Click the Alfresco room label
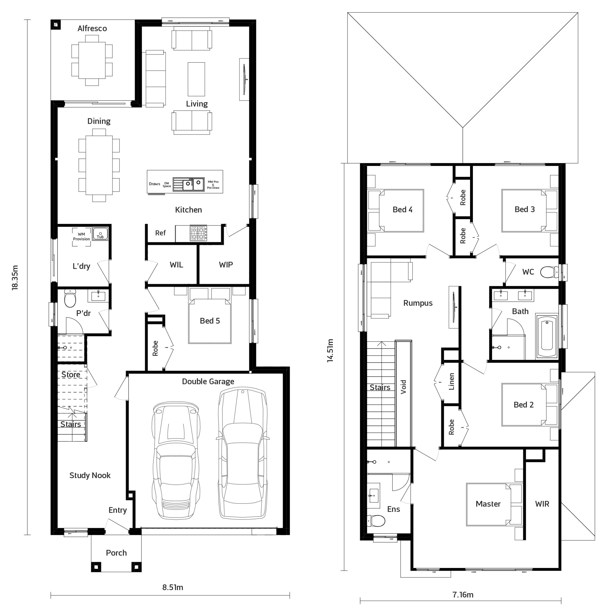pos(92,28)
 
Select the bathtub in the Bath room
pos(547,337)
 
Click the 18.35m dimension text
pos(15,277)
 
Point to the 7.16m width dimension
pos(463,594)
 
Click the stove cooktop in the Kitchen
pos(198,233)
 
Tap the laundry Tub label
pos(100,237)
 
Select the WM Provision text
pos(81,237)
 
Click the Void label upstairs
pos(403,387)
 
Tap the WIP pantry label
pos(226,264)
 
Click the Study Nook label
pos(90,475)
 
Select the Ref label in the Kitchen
pos(160,233)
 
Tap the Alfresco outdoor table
pos(92,60)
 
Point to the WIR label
pos(542,504)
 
